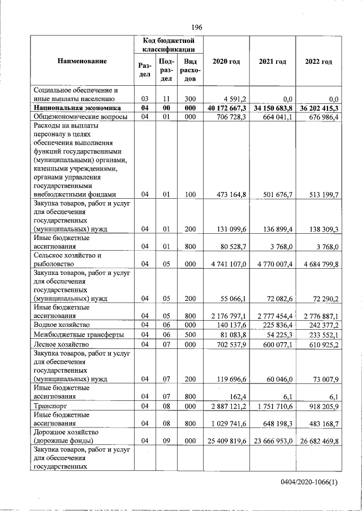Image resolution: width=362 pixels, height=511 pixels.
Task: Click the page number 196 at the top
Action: tap(196, 27)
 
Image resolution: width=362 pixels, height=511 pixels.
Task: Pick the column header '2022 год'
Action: tap(318, 62)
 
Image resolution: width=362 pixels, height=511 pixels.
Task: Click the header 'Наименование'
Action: tap(82, 60)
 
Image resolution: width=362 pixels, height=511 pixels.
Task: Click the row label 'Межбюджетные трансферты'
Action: tap(79, 335)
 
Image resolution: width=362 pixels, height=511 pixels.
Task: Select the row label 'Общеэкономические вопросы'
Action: tap(80, 116)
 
